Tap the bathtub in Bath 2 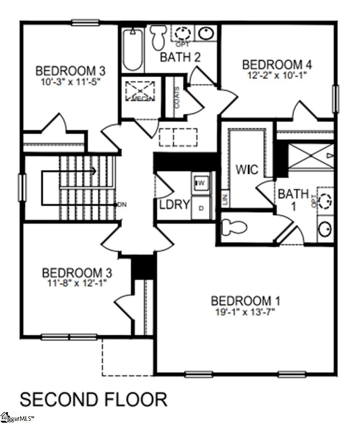tap(132, 50)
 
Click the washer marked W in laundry tap(201, 183)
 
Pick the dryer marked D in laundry tap(201, 208)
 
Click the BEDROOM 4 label tap(277, 64)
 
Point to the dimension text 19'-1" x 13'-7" tap(245, 312)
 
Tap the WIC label tap(247, 170)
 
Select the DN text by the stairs tap(122, 204)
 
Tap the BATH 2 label tap(180, 57)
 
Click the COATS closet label tap(177, 98)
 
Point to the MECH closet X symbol tap(139, 91)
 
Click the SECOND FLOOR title tap(93, 399)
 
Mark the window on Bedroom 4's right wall tap(336, 99)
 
